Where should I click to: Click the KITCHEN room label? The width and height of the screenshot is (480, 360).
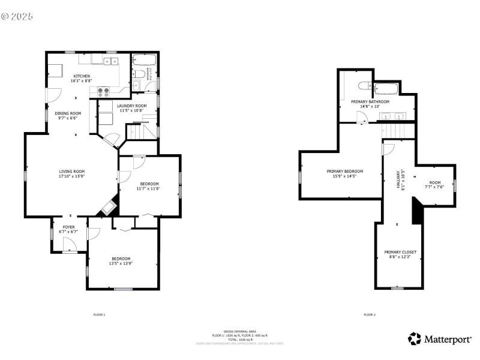(x=82, y=76)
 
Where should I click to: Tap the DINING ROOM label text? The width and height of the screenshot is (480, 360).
(x=68, y=113)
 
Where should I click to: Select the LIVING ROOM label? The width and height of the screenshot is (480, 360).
(x=71, y=172)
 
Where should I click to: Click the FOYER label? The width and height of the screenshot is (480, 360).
(x=69, y=227)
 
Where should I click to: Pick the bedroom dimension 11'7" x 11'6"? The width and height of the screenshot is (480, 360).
(x=149, y=188)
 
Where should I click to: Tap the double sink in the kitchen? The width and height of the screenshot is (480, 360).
(x=110, y=61)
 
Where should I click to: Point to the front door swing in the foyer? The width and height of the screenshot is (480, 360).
(x=70, y=244)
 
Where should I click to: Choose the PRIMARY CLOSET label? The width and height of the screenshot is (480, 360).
(x=400, y=252)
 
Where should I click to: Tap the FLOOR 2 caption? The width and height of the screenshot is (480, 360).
(x=370, y=314)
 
